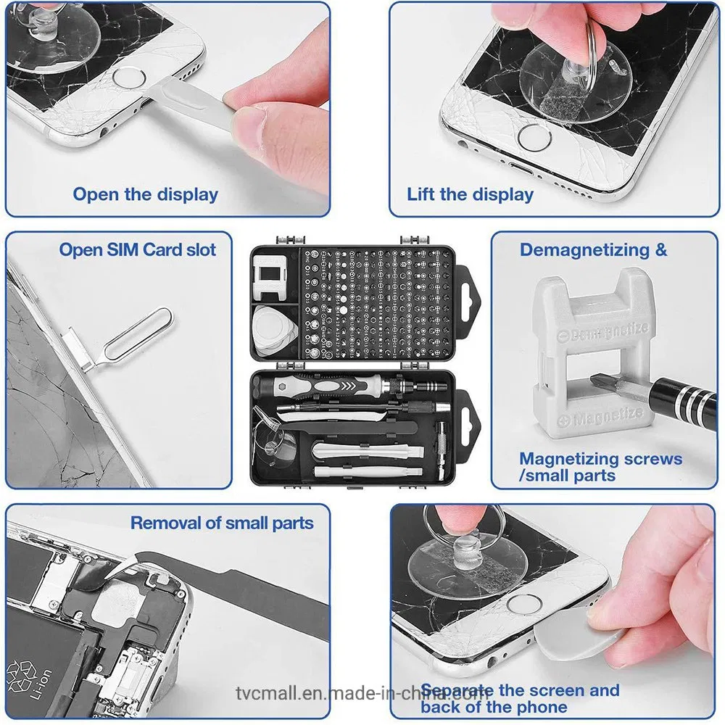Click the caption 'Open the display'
click(x=145, y=194)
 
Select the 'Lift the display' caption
click(x=470, y=194)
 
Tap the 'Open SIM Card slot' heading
click(x=138, y=249)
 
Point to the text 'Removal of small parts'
click(x=222, y=523)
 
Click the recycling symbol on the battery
click(x=19, y=674)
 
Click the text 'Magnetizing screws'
click(x=600, y=459)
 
